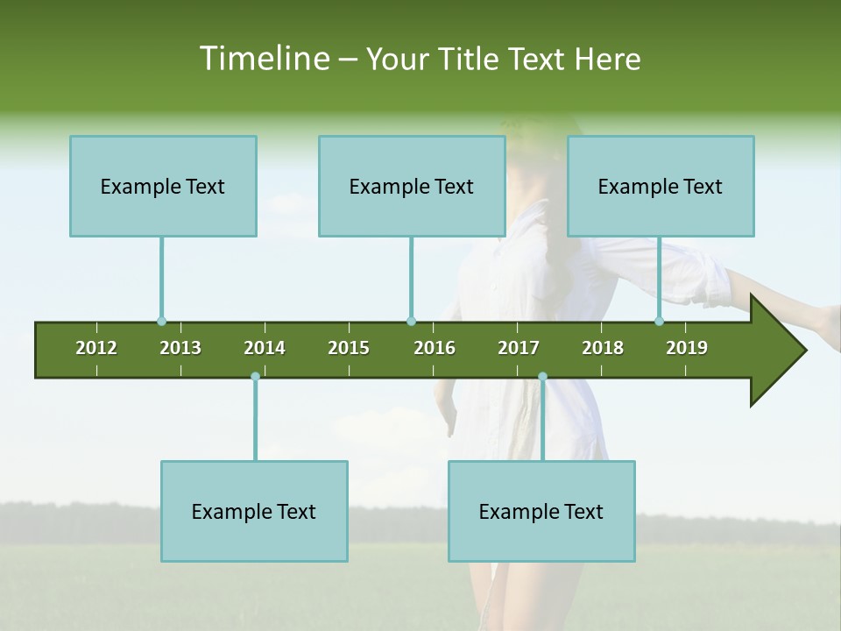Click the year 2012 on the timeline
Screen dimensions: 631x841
tap(96, 348)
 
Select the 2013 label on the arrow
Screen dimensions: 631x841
tap(180, 348)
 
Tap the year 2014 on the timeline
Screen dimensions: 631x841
tap(265, 348)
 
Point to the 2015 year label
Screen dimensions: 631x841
tap(349, 348)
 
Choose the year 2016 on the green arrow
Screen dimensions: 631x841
tap(435, 348)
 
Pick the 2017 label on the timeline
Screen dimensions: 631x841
tap(519, 348)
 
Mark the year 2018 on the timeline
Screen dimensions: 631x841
tap(603, 348)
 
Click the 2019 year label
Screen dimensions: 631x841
tap(687, 348)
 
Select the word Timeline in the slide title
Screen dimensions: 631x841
tap(264, 59)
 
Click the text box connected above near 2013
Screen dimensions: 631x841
tap(163, 186)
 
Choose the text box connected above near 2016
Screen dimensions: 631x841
tap(412, 186)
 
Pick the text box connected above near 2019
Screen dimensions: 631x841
tap(661, 186)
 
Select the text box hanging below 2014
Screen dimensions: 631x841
tap(254, 511)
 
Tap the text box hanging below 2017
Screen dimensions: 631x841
tap(541, 511)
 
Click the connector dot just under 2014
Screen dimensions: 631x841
tap(255, 377)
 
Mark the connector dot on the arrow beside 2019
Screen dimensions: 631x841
tap(660, 322)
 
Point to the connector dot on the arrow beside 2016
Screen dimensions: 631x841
tap(411, 322)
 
